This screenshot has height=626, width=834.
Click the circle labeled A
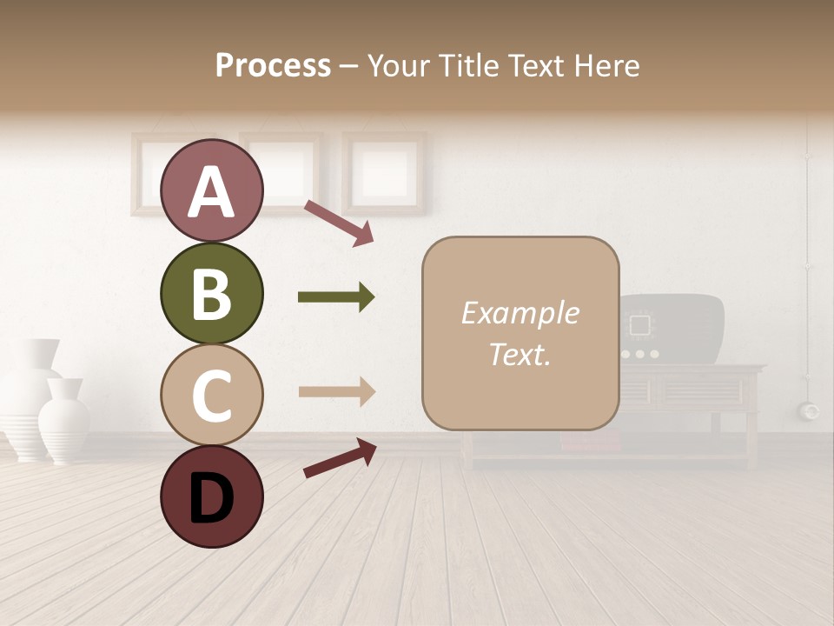coord(211,191)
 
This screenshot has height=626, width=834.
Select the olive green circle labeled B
coord(211,294)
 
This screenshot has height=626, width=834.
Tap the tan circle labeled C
coord(211,395)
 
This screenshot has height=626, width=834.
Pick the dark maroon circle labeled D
coord(211,496)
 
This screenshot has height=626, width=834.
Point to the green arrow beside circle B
coord(336,297)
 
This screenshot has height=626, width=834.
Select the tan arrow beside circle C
coord(336,392)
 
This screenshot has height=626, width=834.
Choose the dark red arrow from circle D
coord(340,458)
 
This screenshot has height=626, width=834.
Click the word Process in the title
coord(273,65)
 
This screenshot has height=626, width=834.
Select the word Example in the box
coord(520,313)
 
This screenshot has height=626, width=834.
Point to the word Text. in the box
coord(520,354)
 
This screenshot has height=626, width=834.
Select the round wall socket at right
coord(811,410)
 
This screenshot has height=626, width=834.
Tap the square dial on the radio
coord(640,326)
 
